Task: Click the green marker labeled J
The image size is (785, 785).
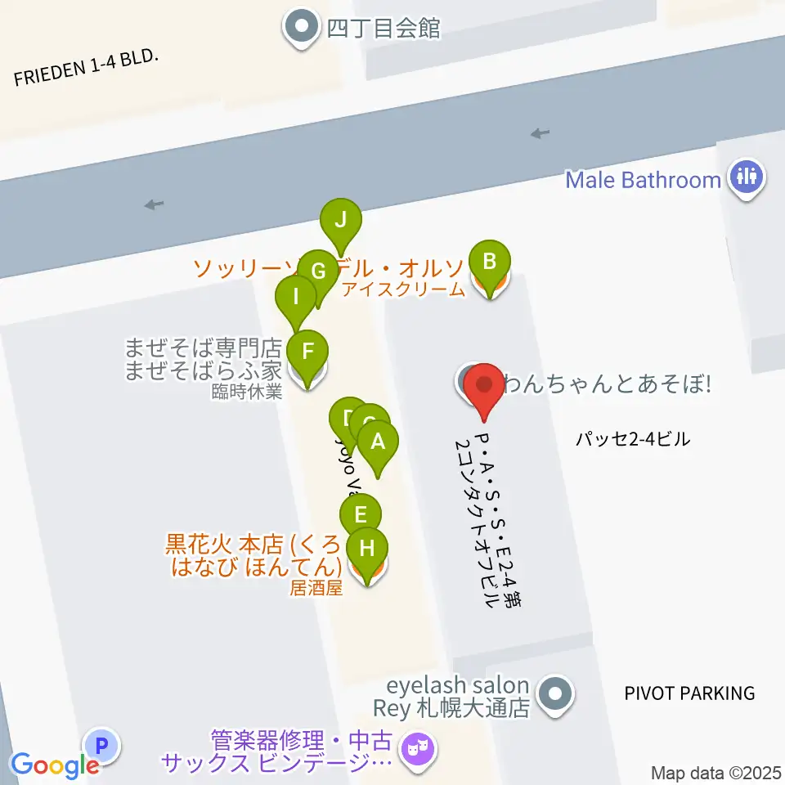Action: [x=340, y=221]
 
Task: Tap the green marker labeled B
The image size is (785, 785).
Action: [x=490, y=263]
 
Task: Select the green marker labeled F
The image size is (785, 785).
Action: [x=307, y=352]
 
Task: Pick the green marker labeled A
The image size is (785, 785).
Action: [x=378, y=442]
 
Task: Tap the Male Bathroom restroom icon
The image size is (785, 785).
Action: [x=746, y=177]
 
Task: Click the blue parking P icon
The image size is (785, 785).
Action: [x=102, y=746]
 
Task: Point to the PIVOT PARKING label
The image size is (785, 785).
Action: [x=689, y=693]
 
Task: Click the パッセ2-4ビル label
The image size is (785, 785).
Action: [x=633, y=440]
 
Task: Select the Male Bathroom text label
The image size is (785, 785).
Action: [x=644, y=179]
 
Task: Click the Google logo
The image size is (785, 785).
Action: [x=54, y=765]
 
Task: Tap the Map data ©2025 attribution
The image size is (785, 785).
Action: [x=716, y=773]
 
